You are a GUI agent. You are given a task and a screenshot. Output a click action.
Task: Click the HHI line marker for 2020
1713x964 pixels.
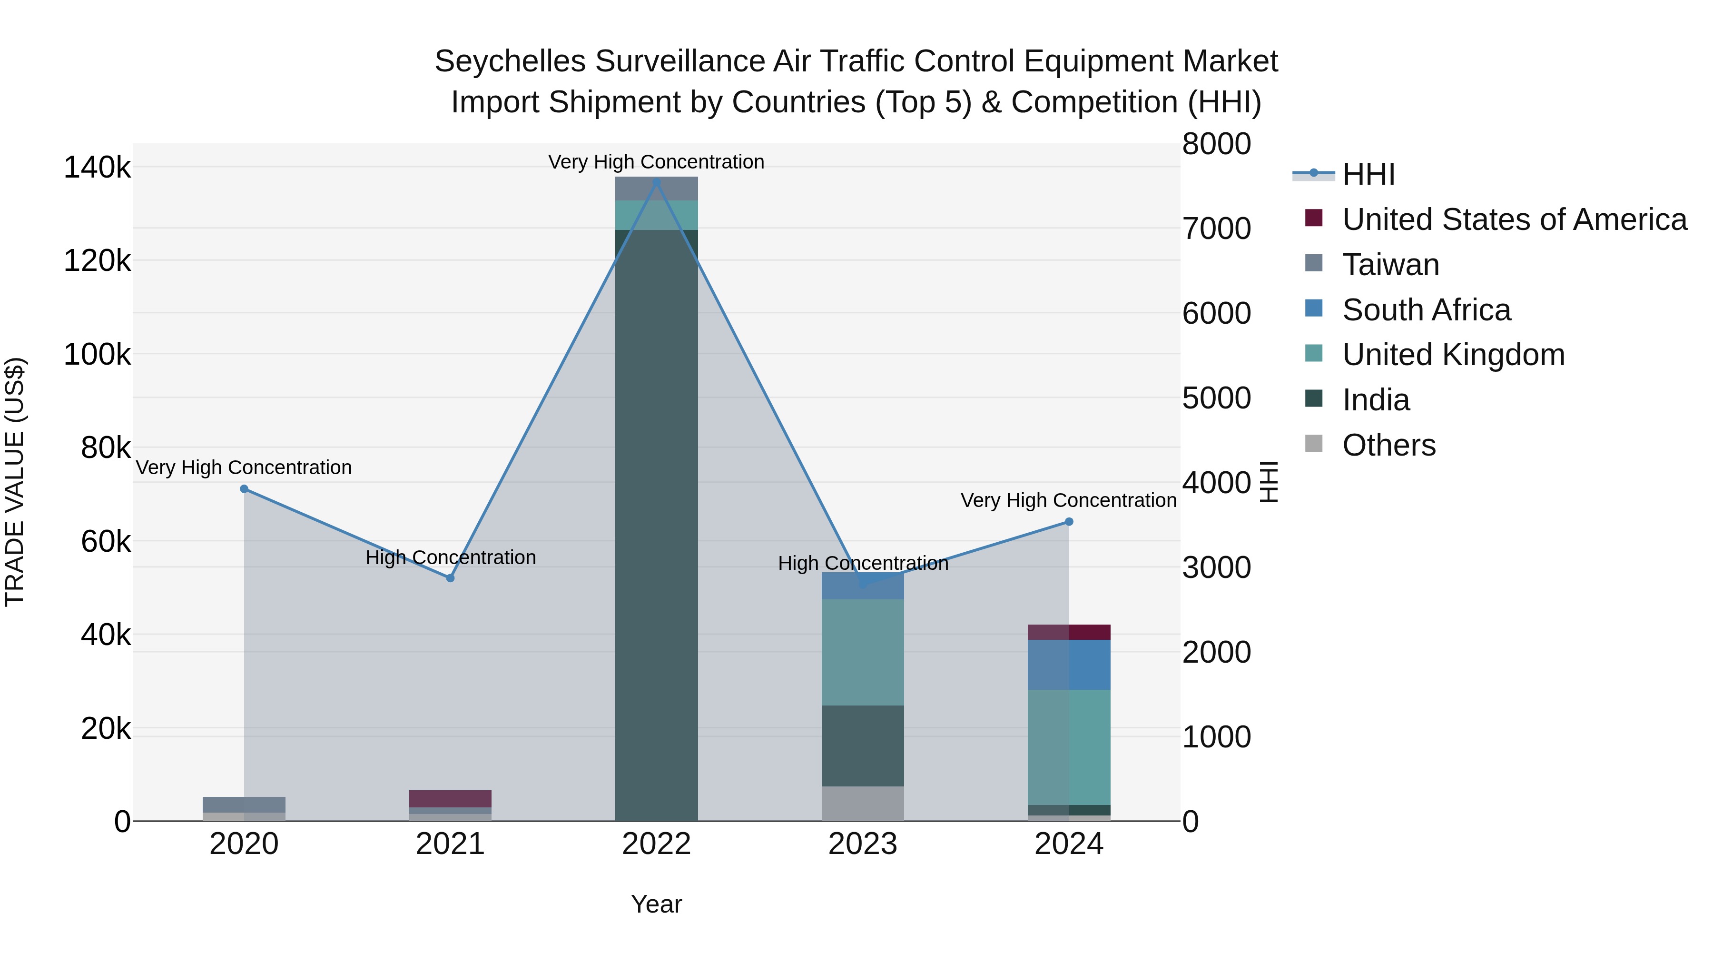point(244,489)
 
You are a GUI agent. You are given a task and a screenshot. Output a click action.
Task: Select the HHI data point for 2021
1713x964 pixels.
point(450,578)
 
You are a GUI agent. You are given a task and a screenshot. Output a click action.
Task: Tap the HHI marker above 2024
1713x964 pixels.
point(1069,522)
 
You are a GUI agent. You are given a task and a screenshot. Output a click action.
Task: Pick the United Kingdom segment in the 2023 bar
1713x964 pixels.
point(863,652)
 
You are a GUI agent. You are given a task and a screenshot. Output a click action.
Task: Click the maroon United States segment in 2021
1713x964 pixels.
point(450,798)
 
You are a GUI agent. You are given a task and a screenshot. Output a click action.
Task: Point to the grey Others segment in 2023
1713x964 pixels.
point(863,803)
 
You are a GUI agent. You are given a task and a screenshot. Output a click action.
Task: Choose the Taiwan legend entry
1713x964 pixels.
point(1390,265)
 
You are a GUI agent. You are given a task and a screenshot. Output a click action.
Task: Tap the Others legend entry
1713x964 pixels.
point(1388,445)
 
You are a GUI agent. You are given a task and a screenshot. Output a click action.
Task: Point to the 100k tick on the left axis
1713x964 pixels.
point(97,355)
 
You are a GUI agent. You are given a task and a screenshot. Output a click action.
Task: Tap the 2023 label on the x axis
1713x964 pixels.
point(863,844)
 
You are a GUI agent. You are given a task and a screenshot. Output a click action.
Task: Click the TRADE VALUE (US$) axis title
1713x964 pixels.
point(15,482)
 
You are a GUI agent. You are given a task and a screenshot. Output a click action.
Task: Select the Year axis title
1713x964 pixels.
point(656,904)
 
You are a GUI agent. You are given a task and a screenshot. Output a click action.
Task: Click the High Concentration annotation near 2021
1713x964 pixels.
point(450,557)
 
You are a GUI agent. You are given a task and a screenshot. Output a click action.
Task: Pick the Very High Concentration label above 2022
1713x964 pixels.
point(656,162)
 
